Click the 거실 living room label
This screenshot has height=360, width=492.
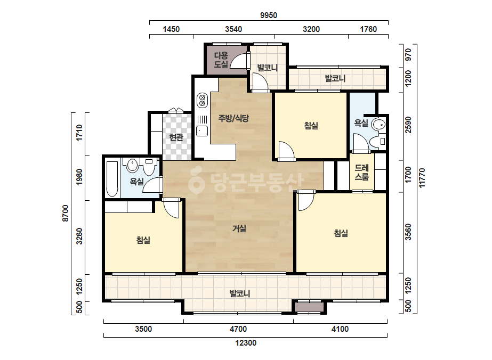239,228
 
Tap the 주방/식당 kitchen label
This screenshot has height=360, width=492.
233,118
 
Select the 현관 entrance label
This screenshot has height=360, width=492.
176,137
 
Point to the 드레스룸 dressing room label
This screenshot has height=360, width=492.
361,173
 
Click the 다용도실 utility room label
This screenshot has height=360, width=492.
221,60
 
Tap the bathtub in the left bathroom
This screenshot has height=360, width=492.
112,179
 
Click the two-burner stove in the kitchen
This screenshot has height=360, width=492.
202,100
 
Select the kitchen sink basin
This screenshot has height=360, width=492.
202,131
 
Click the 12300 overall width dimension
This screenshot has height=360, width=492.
246,343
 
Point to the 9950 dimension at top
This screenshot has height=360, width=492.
269,15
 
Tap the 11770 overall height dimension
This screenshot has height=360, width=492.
422,178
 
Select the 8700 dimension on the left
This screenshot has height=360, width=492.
65,213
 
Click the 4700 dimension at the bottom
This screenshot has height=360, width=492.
238,329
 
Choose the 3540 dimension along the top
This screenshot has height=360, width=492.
233,29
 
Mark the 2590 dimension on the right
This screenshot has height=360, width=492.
408,125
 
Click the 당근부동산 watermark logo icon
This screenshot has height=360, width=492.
196,181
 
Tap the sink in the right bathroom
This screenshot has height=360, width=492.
378,125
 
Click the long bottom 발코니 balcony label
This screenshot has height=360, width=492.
240,293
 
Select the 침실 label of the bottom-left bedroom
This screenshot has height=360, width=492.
143,240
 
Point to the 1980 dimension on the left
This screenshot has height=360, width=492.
79,177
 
